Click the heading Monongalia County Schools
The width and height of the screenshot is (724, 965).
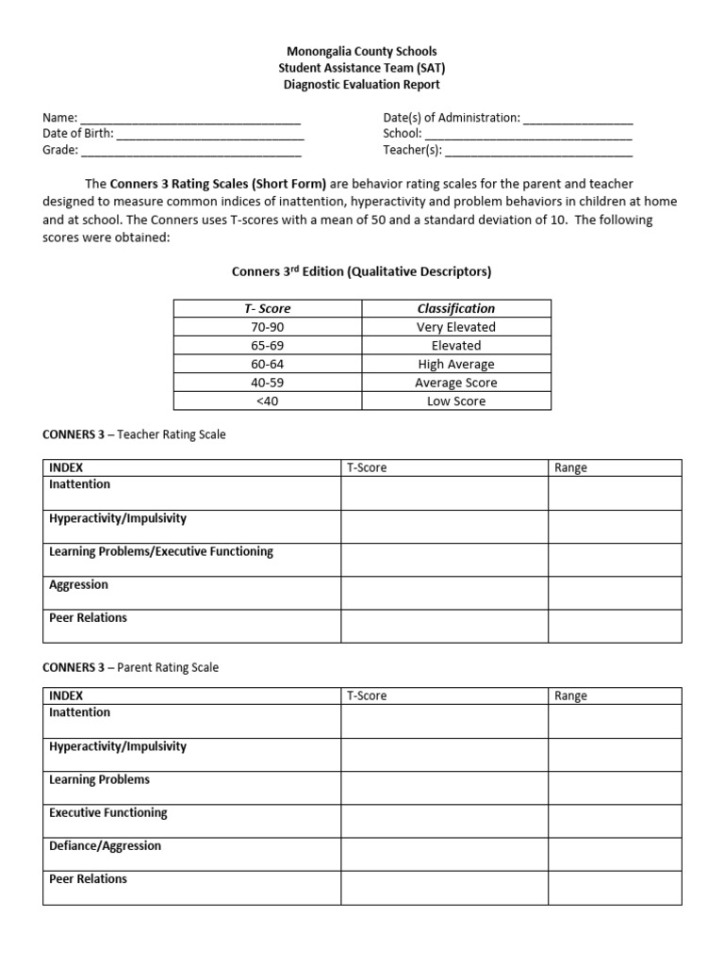coord(362,51)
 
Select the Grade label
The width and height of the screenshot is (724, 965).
coord(59,151)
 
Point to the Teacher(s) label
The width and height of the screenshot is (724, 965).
coord(412,151)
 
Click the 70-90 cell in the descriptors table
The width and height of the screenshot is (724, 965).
coord(268,327)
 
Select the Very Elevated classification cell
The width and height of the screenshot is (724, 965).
coord(456,327)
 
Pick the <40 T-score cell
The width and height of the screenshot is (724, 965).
coord(268,401)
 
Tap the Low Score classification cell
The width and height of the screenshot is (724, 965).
coord(456,401)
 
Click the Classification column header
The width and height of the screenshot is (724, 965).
coord(456,308)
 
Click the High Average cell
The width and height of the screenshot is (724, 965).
coord(456,364)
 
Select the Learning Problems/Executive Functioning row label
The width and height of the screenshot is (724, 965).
coord(161,551)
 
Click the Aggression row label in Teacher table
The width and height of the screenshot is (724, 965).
coord(78,584)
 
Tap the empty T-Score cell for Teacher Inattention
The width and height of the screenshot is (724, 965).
coord(444,493)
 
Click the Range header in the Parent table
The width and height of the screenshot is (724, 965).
coord(571,695)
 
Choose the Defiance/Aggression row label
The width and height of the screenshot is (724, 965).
coord(105,845)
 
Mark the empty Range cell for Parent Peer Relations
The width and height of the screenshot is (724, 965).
coord(615,888)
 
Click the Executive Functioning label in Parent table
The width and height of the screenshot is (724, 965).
coord(107,812)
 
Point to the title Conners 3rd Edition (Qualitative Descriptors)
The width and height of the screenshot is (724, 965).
coord(362,272)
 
